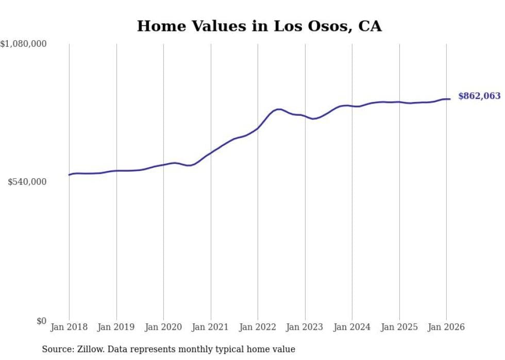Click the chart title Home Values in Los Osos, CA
point(259,26)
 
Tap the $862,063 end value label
point(479,96)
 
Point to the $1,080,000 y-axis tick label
point(24,44)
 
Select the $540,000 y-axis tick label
point(27,182)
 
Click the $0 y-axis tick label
point(41,321)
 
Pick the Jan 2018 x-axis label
point(69,328)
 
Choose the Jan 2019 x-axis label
point(116,328)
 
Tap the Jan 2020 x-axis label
point(163,328)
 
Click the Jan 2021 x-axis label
point(211,328)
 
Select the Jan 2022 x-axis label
point(258,328)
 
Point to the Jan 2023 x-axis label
point(305,328)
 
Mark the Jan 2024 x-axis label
point(352,328)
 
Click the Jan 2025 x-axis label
point(399,328)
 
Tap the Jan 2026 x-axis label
point(446,328)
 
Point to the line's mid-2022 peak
point(279,109)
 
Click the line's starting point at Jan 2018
point(69,175)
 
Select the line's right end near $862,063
point(450,99)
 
